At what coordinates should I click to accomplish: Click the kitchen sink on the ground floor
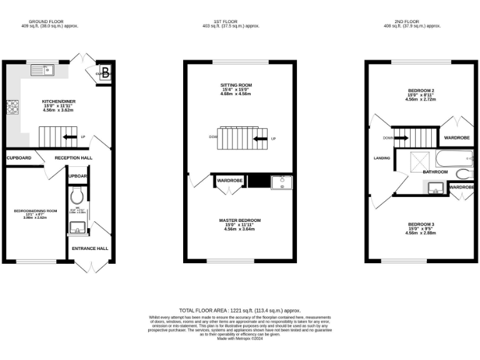42,69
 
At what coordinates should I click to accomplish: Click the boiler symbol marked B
106,71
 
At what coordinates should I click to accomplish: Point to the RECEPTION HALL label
73,157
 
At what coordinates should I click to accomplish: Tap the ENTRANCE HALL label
90,248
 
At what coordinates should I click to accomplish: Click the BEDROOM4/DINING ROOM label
36,211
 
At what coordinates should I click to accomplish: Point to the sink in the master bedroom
281,182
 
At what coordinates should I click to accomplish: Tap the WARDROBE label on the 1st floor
229,181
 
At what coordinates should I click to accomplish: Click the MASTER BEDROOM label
240,221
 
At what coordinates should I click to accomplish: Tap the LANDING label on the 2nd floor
382,158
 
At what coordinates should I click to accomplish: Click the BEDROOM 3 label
421,224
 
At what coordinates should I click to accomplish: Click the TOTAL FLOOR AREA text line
240,310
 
